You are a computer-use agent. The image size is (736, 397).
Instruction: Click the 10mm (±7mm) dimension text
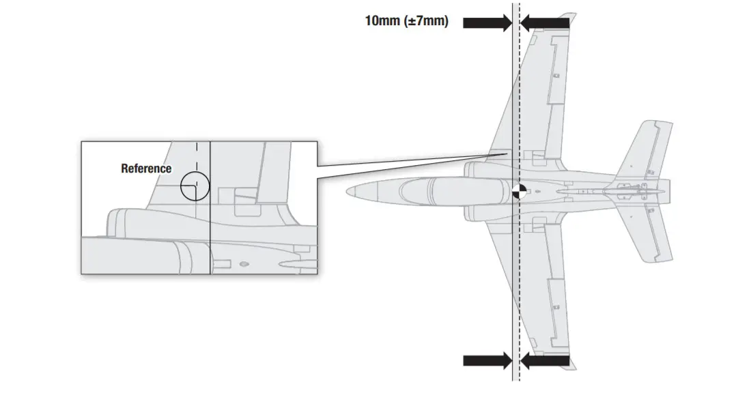[406, 21]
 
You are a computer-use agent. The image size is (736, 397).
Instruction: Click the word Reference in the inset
[146, 168]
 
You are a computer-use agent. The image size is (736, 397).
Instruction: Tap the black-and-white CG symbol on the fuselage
[520, 191]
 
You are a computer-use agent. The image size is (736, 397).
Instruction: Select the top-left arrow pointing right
[487, 23]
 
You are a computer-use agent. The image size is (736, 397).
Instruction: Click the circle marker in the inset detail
[195, 186]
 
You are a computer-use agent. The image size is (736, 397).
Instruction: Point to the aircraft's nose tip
[348, 191]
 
